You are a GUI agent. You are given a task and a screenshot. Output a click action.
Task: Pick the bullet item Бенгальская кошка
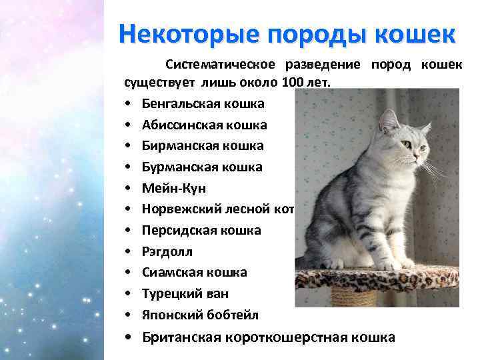(203, 103)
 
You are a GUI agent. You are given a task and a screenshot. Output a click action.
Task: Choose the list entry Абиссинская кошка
(204, 125)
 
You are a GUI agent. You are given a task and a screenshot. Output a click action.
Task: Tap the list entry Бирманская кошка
(203, 145)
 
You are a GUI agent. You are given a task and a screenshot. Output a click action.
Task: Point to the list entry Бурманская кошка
(202, 167)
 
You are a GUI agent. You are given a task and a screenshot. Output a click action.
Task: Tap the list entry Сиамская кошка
(194, 272)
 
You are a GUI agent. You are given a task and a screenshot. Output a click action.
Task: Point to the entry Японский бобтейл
(200, 315)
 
